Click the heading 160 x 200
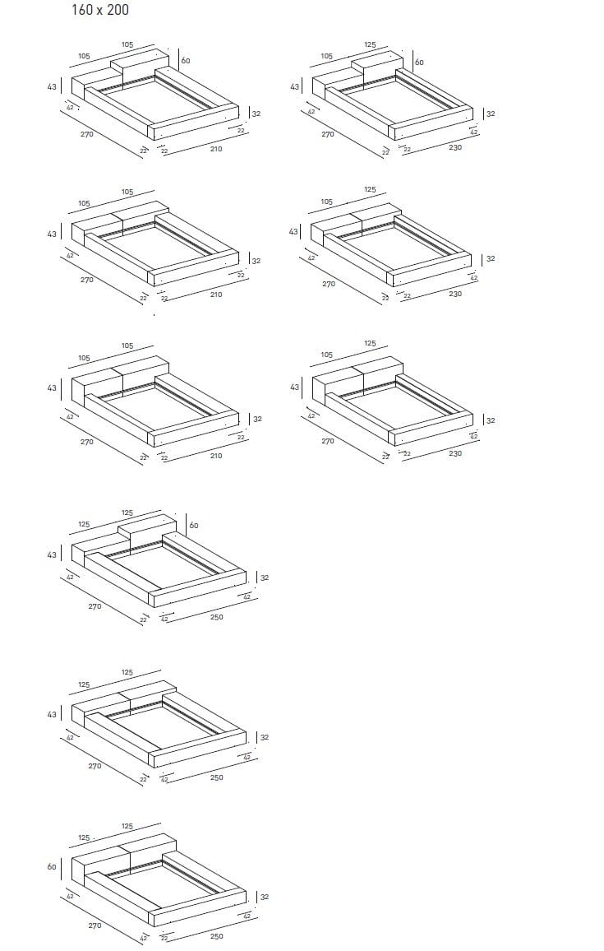[100, 10]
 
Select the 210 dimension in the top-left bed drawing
[216, 149]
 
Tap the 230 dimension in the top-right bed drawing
[455, 147]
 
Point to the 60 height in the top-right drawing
[420, 63]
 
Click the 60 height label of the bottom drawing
[52, 866]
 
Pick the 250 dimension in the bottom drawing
[216, 936]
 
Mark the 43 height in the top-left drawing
[52, 86]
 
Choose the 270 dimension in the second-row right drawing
[329, 284]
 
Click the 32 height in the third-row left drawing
[257, 419]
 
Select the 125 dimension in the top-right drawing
[370, 44]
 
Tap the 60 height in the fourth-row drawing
[193, 525]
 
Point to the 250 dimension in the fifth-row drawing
[216, 777]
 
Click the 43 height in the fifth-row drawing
[52, 714]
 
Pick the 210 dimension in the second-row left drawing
[216, 295]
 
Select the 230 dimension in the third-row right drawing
[455, 453]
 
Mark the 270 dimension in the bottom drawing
[95, 925]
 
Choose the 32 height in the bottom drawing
[265, 897]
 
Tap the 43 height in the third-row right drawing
[294, 387]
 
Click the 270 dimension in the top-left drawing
[87, 134]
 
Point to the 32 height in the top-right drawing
[491, 114]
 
